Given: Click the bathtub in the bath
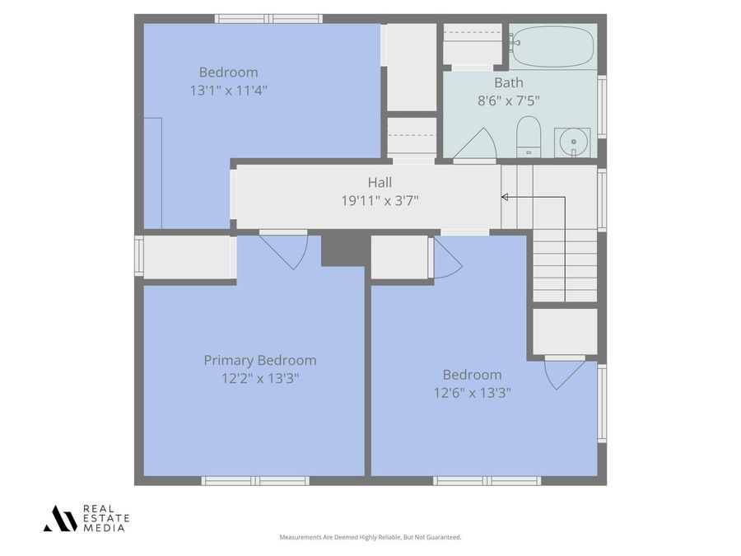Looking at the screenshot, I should pos(552,46).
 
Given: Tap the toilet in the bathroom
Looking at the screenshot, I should pos(528,137).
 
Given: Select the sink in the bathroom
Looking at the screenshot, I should pos(572,142).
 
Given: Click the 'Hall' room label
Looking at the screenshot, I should pos(380,183).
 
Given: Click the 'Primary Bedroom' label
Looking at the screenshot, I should pos(259,360).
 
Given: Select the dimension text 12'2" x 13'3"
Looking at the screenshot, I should pos(259,378).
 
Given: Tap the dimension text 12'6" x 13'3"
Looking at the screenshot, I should pos(472,393).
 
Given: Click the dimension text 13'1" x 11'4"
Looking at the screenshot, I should pos(228,90).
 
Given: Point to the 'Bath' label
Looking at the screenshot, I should pos(508,82).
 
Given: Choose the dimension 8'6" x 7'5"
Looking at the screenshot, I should pos(508,100).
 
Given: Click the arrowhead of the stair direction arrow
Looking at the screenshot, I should pos(505,197).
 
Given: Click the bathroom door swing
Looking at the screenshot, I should pos(476,145).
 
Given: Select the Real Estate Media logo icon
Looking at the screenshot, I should pos(60,518).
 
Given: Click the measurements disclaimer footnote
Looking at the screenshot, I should pos(370,537).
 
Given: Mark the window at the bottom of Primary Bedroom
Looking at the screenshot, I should pos(255,480).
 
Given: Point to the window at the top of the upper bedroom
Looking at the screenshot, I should pos(268,18).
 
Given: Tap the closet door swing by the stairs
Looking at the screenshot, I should pos(564,371).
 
